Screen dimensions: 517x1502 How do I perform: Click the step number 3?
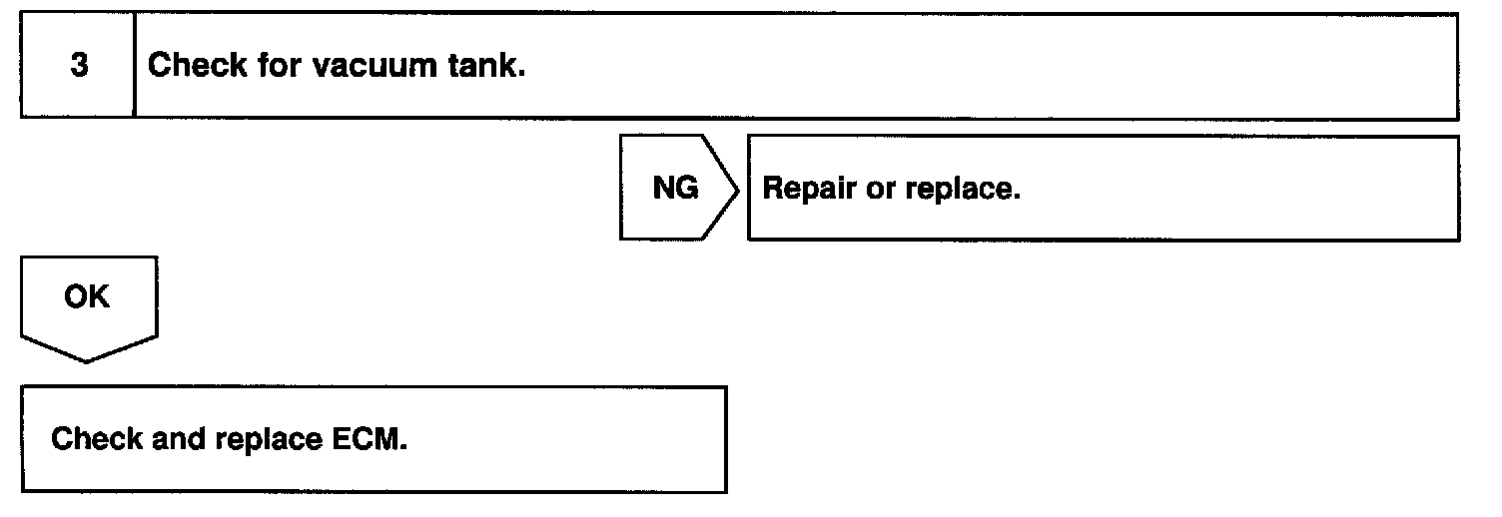coord(79,67)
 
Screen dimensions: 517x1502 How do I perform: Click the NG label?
coord(675,188)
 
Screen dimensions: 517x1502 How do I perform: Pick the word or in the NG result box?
coord(881,189)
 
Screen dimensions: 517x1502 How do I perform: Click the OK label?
coord(87,297)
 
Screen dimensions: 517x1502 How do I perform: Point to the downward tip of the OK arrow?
coord(88,360)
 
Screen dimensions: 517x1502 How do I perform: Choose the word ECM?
coord(369,439)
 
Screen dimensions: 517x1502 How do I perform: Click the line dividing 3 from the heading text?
coord(135,67)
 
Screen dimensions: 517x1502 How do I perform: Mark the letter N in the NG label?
coord(663,188)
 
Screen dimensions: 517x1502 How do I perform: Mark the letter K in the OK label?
coord(100,297)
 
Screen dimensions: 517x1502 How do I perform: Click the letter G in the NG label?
coord(687,188)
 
